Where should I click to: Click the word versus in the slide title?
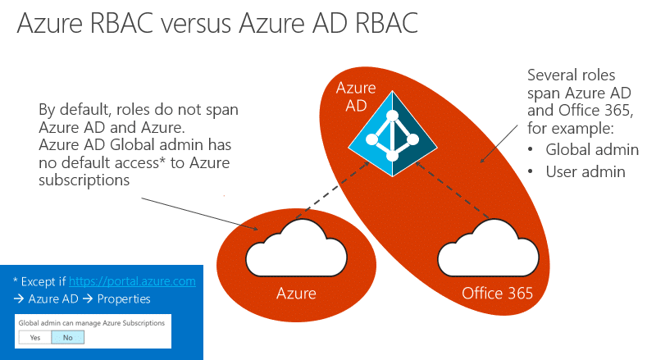point(196,24)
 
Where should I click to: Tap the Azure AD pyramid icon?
point(393,134)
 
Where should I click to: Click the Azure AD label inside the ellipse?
point(356,97)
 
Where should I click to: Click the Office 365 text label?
point(497,293)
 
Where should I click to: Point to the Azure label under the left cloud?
point(296,293)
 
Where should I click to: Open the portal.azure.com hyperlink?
point(132,281)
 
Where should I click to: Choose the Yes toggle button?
point(35,338)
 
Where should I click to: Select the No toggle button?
point(68,338)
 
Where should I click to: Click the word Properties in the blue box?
point(124,298)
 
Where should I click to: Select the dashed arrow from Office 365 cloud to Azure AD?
point(453,190)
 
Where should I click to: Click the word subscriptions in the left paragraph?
point(84,180)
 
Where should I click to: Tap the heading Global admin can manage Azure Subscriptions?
point(92,323)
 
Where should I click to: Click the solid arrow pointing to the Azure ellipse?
point(200,214)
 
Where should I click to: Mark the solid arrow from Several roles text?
point(499,144)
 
